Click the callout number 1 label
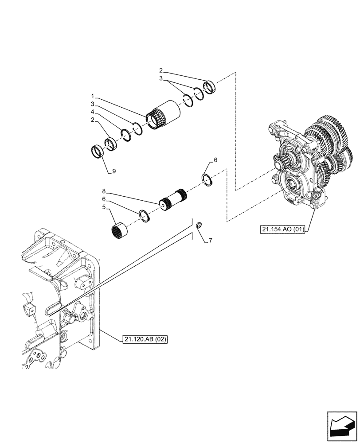pyautogui.click(x=92, y=96)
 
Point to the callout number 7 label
pyautogui.click(x=210, y=241)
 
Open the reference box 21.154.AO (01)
pyautogui.click(x=283, y=229)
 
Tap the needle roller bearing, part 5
pyautogui.click(x=119, y=231)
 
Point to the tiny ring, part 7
pyautogui.click(x=199, y=225)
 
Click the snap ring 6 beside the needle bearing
pyautogui.click(x=145, y=215)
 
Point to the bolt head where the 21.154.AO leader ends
pyautogui.click(x=314, y=205)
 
